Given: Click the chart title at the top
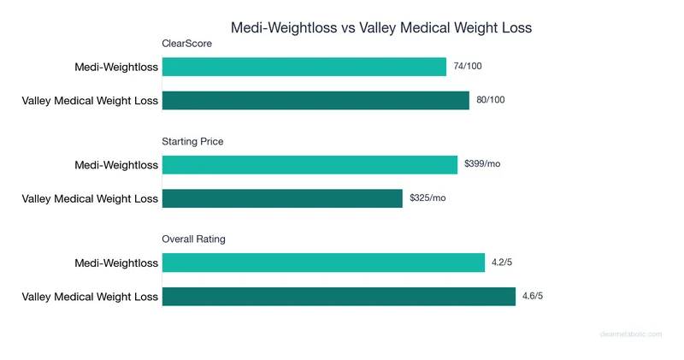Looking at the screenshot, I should (x=381, y=28).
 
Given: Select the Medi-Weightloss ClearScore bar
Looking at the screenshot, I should (x=304, y=67).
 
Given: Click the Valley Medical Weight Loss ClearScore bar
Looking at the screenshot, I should (x=315, y=100).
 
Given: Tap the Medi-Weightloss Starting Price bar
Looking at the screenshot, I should (x=310, y=164).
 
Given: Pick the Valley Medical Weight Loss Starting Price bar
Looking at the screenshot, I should (x=282, y=198).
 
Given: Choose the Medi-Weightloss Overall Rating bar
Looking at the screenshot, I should (x=323, y=263).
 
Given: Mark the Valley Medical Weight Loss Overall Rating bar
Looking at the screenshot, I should (x=339, y=297).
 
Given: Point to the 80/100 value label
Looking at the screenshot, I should (x=491, y=100).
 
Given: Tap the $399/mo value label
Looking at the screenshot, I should (x=482, y=164).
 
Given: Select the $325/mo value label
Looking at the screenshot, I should (x=427, y=198).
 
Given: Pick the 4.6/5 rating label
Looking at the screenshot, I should (x=533, y=297).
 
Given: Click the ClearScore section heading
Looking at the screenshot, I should (x=186, y=44).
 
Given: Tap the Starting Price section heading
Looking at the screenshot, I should (x=192, y=141).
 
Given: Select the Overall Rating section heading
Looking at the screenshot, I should (x=194, y=239).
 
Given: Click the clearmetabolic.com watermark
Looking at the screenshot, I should (x=630, y=334).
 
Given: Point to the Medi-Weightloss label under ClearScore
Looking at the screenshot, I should (x=117, y=67).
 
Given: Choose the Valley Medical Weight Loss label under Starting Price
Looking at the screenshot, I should (x=90, y=198).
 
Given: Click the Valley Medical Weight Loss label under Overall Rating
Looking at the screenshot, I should (x=90, y=297).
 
